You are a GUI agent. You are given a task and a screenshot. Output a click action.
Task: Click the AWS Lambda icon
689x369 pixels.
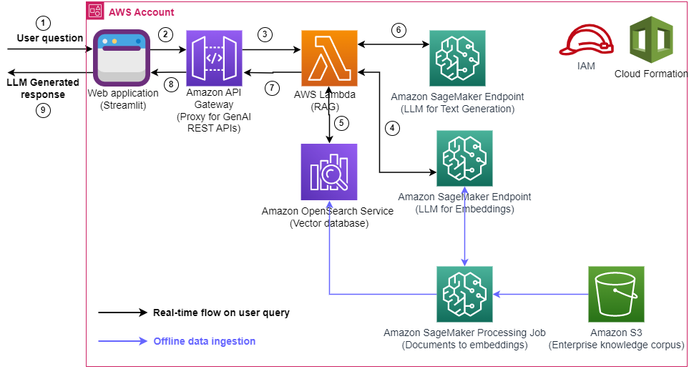click(x=330, y=58)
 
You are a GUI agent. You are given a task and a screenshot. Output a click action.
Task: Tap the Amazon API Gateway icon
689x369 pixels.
click(x=213, y=58)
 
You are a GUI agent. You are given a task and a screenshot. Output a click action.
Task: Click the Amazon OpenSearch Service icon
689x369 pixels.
click(x=329, y=172)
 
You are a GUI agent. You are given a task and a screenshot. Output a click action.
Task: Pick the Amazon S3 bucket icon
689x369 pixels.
click(x=616, y=294)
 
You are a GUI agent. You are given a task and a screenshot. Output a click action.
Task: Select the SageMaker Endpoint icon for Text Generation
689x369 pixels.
click(x=456, y=58)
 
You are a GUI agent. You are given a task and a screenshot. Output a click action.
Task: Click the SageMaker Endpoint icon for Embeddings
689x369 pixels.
click(x=464, y=158)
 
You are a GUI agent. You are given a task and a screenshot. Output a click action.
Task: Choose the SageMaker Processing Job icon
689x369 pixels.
click(x=464, y=294)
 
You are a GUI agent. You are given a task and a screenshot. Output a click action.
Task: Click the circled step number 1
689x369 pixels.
click(x=44, y=22)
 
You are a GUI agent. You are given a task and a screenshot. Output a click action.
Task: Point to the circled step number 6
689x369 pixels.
click(x=399, y=31)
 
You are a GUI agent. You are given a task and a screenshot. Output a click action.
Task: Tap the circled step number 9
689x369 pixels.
click(x=44, y=110)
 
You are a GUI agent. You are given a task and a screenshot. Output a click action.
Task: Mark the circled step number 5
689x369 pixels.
click(x=342, y=122)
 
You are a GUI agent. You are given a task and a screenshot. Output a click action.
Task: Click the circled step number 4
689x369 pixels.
click(x=391, y=129)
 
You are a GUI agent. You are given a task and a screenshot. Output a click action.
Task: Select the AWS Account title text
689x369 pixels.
click(x=141, y=12)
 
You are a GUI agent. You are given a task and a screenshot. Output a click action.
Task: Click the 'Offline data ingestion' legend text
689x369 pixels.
click(x=204, y=341)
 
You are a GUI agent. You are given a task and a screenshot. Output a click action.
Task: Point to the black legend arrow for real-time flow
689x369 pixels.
click(x=122, y=313)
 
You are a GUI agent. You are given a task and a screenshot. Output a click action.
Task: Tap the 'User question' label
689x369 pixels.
click(x=50, y=38)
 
